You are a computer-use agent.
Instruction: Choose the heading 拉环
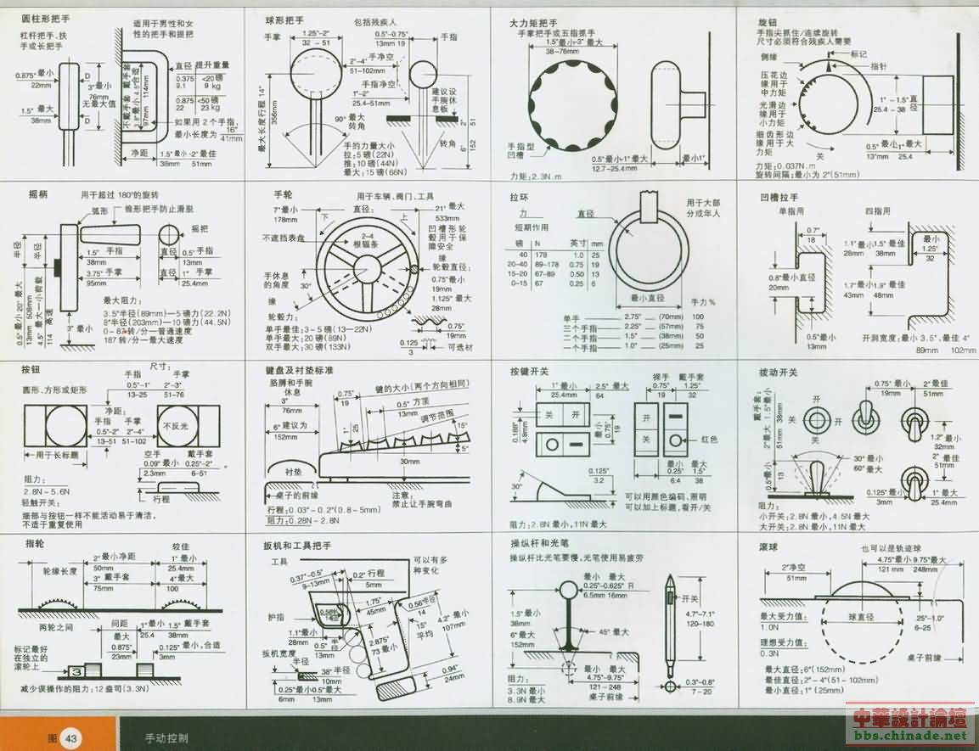coord(519,197)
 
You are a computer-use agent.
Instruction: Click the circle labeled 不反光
coord(177,426)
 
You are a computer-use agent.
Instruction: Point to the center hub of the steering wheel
coord(367,271)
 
